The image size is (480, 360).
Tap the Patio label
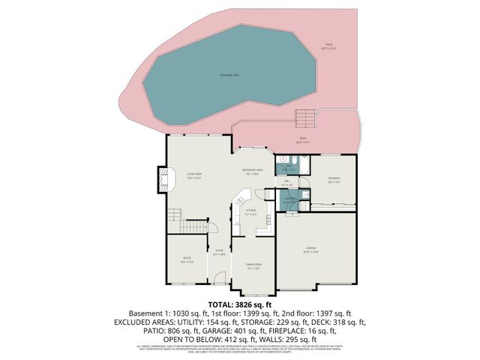(x=328, y=45)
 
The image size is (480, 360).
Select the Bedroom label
(x=333, y=178)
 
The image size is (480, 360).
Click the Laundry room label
(x=289, y=199)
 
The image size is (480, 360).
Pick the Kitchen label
(x=250, y=212)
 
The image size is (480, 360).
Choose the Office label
(x=186, y=260)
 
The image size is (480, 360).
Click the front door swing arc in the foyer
(x=219, y=277)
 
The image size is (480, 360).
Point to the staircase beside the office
(x=195, y=226)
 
